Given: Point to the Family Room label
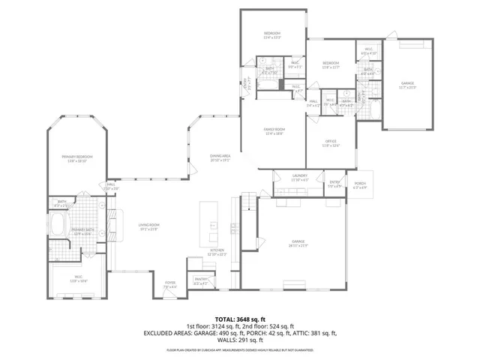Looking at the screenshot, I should (x=272, y=130).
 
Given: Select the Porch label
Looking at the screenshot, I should (x=360, y=184).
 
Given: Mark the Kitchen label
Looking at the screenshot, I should (x=217, y=251).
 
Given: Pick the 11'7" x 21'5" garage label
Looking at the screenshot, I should (x=407, y=85).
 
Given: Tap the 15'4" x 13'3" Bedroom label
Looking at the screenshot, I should (x=271, y=35).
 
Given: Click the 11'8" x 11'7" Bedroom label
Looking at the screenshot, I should (x=331, y=64).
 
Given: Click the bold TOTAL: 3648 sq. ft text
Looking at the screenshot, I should (x=240, y=319).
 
